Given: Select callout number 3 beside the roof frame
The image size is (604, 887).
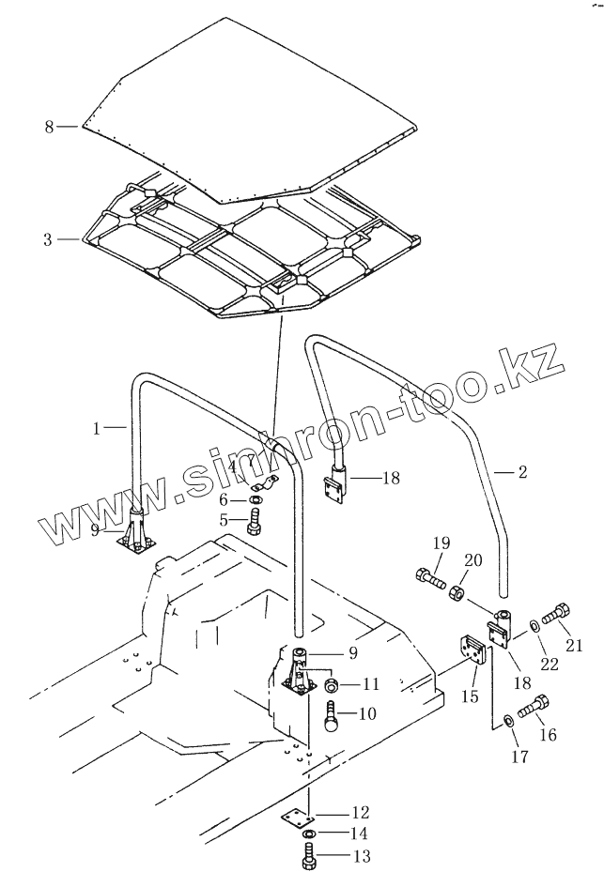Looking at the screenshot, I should click(x=49, y=239).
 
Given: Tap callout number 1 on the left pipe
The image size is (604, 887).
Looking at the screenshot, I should click(x=97, y=428).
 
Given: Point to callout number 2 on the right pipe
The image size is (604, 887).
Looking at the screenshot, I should click(x=523, y=472).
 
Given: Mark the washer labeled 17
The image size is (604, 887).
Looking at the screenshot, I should click(x=507, y=720).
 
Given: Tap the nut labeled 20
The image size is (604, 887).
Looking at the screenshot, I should click(x=457, y=593).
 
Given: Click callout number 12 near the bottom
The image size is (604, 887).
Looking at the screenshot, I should click(x=335, y=812).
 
